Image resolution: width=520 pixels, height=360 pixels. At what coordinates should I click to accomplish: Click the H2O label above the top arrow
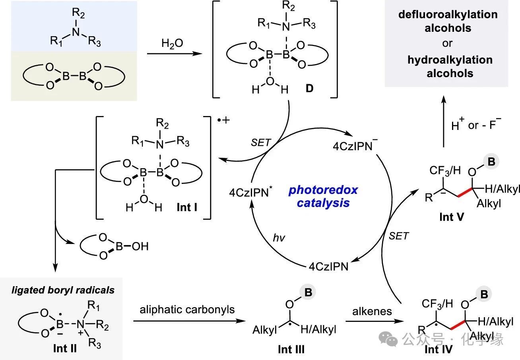tap(172, 43)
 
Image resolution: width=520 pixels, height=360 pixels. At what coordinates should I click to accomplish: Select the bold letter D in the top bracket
tap(309, 88)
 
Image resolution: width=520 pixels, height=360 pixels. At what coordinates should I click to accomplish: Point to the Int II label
tap(65, 348)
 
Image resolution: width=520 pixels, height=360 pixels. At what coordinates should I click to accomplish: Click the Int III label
tap(291, 349)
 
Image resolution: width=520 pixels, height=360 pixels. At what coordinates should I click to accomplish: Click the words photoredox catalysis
tap(323, 196)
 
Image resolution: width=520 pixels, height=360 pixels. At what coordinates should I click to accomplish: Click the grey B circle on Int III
tap(309, 292)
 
